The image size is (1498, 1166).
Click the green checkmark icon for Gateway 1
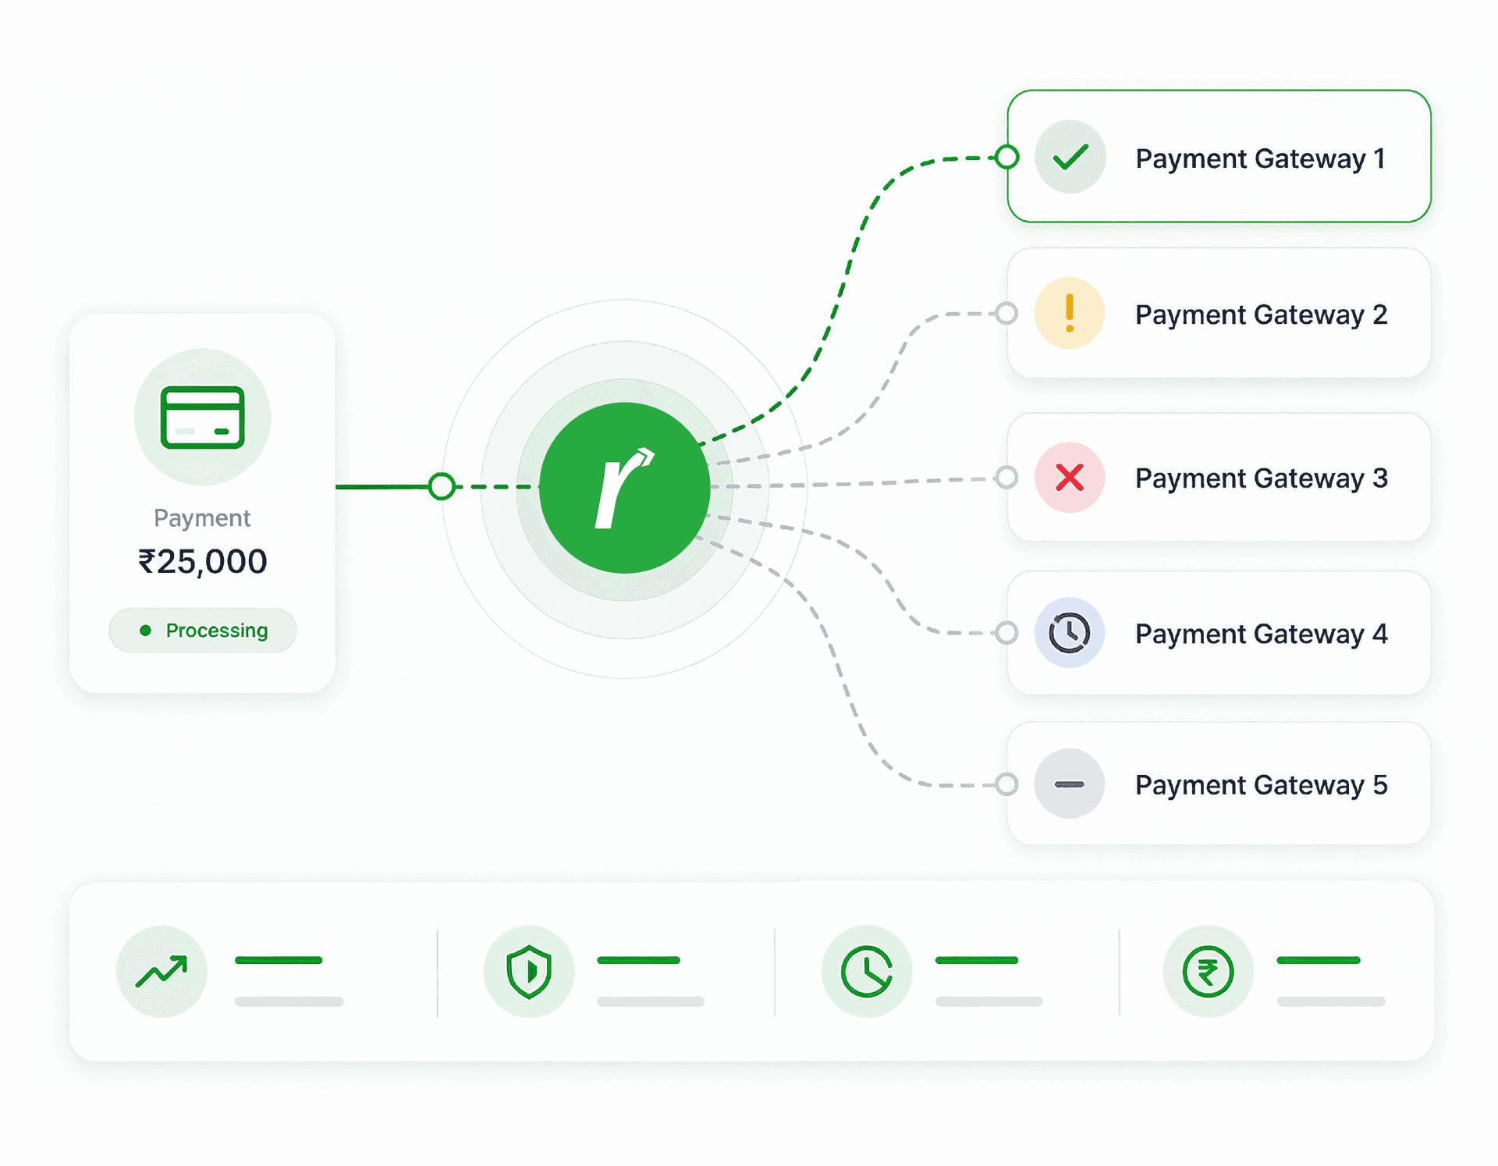tap(1070, 157)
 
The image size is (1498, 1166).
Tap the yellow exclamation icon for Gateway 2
tap(1070, 313)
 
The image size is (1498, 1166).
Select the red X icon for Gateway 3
tap(1070, 477)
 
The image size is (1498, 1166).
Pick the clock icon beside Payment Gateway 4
tap(1070, 632)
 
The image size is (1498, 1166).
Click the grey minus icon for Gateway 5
tap(1070, 784)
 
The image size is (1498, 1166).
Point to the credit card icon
tap(203, 418)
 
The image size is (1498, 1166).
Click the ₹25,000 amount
tap(203, 561)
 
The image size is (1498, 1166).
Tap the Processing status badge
tap(203, 630)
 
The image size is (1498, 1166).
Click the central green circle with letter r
tap(624, 488)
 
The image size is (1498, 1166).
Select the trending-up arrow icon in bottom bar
tap(162, 972)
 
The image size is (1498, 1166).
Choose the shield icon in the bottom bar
tap(529, 972)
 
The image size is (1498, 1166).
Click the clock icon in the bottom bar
tap(867, 972)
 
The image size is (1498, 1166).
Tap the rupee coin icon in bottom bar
tap(1208, 972)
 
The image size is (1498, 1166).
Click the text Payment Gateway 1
tap(1260, 158)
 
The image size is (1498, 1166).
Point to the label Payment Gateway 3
tap(1262, 478)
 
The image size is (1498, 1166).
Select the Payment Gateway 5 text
tap(1262, 784)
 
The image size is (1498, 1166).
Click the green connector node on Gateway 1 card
tap(1007, 157)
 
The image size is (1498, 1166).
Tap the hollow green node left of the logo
tap(442, 486)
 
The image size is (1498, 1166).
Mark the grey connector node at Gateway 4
tap(1007, 632)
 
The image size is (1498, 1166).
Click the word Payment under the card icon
tap(202, 518)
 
